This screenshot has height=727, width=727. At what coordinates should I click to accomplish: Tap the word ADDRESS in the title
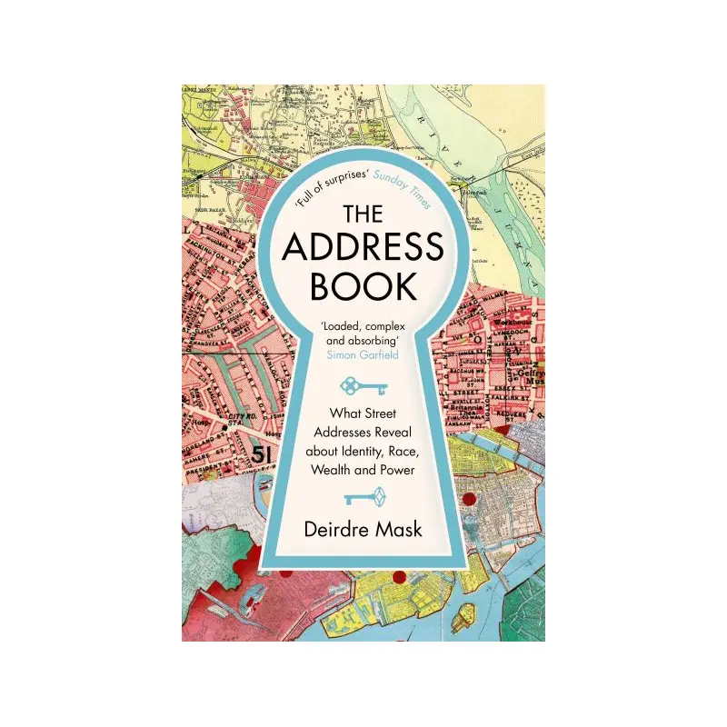[x=363, y=249]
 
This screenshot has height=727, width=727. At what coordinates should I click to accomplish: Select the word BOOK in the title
[x=363, y=285]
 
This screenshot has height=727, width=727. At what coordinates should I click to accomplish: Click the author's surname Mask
[x=401, y=527]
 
